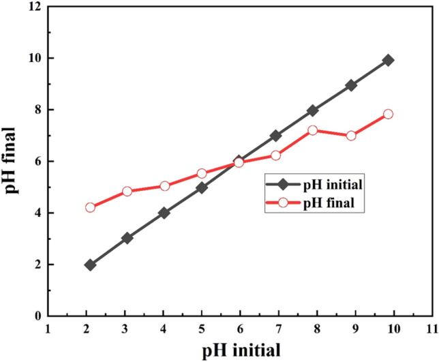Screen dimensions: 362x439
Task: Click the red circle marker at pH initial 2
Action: click(90, 207)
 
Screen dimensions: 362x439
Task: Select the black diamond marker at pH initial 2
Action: click(90, 265)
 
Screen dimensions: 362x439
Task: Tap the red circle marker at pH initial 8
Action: click(313, 130)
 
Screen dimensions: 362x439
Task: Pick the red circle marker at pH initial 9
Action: click(351, 136)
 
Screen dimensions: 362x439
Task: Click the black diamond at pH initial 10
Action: click(389, 60)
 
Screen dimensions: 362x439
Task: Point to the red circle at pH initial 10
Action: click(389, 114)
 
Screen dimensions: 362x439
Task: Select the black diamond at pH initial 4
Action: click(164, 213)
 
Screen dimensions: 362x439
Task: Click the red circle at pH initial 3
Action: click(127, 192)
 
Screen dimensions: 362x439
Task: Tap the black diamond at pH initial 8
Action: click(313, 110)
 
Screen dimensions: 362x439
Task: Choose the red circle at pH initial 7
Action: click(276, 155)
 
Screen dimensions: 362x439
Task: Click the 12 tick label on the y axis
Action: click(35, 7)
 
